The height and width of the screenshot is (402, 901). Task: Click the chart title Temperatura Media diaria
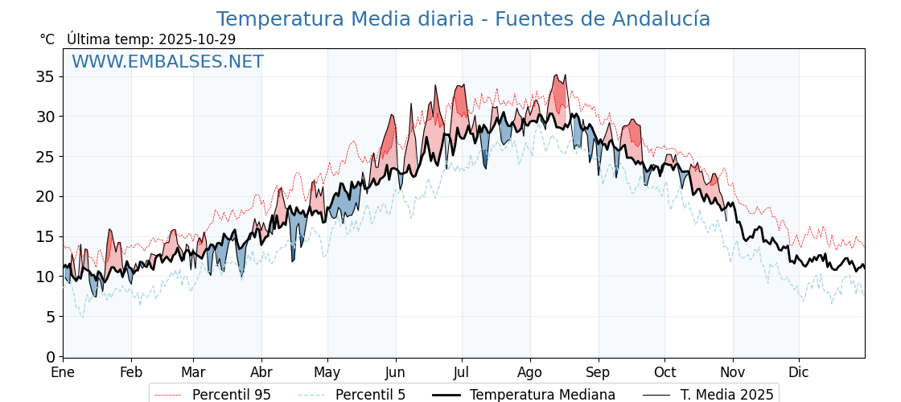point(463,19)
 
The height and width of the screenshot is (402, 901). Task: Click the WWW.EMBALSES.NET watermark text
point(167,62)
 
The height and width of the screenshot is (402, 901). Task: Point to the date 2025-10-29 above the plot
point(197,39)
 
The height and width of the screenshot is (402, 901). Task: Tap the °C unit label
point(47,39)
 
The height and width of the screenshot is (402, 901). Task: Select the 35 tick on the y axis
point(45,76)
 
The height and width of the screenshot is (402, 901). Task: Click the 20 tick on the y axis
point(45,196)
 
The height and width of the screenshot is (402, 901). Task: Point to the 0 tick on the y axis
point(50,356)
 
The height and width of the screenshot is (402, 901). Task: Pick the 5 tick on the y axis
point(50,317)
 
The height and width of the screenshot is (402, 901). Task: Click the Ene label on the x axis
point(63,372)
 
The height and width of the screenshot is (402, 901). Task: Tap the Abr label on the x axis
point(261,372)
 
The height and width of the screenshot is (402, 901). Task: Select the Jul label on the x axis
point(462,372)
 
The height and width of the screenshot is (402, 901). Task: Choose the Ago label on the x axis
point(530,372)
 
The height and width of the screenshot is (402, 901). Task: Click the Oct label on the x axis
point(664,372)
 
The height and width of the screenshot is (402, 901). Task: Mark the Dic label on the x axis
point(799,372)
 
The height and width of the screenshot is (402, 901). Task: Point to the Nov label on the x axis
point(733,372)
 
